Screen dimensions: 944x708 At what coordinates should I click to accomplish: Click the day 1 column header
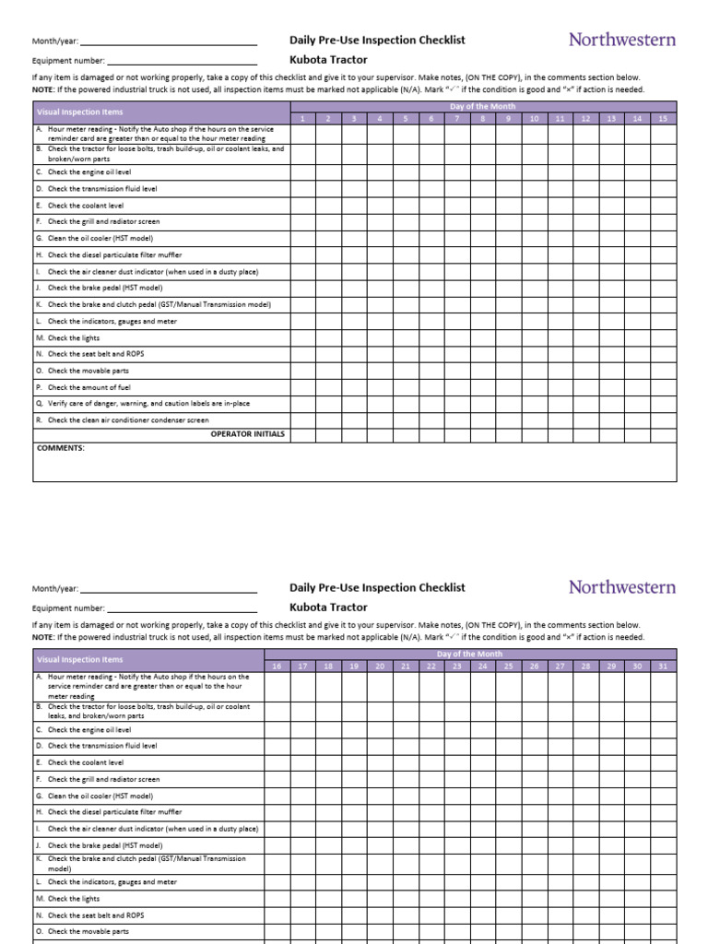[302, 119]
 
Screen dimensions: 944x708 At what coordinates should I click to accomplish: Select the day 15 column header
[663, 119]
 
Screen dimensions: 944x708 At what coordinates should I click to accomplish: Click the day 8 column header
[482, 119]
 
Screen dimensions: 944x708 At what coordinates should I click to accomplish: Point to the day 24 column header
[482, 666]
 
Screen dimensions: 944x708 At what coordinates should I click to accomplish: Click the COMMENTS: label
[60, 448]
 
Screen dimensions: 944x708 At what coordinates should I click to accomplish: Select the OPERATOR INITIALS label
[247, 433]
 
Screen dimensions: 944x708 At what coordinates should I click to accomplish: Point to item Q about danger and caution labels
[147, 404]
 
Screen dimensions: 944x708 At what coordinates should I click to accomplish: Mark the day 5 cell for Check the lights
[405, 338]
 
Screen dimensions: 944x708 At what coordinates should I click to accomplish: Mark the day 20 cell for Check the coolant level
[380, 762]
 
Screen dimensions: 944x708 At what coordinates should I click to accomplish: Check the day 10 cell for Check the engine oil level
[534, 172]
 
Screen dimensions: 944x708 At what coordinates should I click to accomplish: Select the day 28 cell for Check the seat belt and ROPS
[585, 915]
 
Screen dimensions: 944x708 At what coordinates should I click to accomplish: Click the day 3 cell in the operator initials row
[353, 433]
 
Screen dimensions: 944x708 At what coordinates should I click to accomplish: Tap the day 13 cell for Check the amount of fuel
[611, 387]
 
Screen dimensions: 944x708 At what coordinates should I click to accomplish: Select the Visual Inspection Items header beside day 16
[78, 659]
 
